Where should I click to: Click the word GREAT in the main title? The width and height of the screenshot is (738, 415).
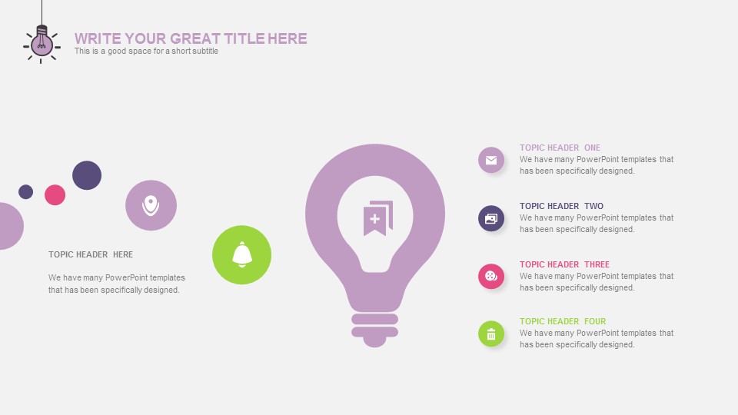tap(194, 38)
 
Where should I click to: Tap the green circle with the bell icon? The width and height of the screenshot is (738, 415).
tap(242, 255)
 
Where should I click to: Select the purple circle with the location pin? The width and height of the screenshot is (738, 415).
tap(151, 205)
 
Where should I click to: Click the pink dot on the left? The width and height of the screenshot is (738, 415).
tap(55, 194)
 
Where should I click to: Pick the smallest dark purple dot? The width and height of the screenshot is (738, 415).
tap(26, 192)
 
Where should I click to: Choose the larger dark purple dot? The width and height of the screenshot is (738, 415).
tap(87, 175)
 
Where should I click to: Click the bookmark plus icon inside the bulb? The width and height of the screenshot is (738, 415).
tap(378, 218)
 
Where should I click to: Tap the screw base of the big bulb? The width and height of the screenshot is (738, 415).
tap(375, 330)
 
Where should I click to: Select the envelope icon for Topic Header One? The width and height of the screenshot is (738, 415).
tap(491, 160)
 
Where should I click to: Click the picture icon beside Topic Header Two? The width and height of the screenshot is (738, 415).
tap(491, 218)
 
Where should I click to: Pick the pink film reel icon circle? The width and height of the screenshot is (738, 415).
tap(491, 276)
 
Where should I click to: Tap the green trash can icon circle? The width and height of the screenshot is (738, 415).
tap(491, 334)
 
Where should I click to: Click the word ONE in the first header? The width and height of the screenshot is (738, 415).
tap(592, 148)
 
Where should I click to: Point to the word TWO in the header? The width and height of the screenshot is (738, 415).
tap(594, 206)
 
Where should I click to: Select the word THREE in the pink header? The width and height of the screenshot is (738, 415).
tap(597, 264)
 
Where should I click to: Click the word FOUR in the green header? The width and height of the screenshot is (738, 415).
tap(595, 321)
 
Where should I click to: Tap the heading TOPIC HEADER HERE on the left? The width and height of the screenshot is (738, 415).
tap(91, 254)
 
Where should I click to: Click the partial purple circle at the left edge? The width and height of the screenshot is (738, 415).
tap(10, 226)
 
